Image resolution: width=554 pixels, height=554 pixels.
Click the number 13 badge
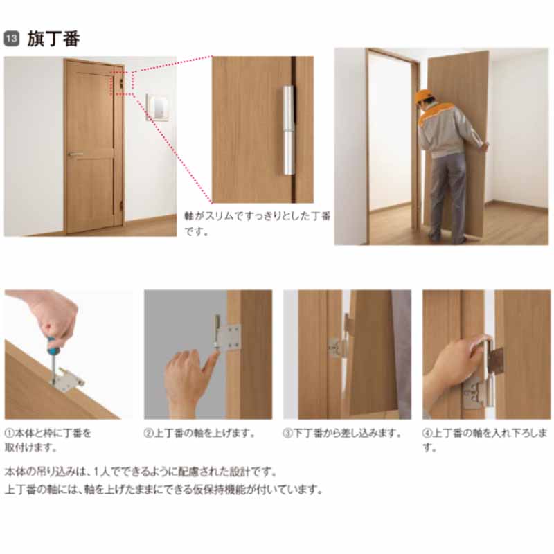11,39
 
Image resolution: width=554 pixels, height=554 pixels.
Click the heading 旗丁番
54,39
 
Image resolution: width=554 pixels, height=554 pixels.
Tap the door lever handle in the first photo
75,154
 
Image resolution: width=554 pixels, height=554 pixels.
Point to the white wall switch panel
158,107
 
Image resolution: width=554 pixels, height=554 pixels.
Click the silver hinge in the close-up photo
288,130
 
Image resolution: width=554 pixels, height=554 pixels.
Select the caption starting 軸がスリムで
257,224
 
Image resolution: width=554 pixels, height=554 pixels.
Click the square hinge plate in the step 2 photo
231,337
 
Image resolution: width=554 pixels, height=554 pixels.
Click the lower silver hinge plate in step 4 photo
475,393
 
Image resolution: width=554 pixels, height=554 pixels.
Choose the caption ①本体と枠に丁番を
48,440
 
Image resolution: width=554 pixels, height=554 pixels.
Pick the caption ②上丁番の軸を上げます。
199,434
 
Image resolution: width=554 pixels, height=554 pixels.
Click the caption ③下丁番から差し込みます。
342,434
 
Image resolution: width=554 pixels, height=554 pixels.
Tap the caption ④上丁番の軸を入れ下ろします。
485,440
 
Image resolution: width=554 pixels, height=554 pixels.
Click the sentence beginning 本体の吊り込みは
141,472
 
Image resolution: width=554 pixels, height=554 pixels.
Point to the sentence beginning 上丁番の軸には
164,490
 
